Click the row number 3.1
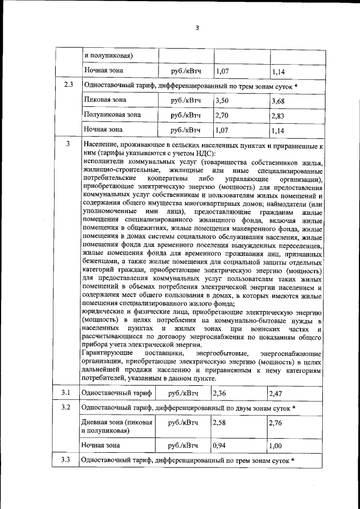pyautogui.click(x=66, y=393)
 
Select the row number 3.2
pyautogui.click(x=66, y=407)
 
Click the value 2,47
pyautogui.click(x=276, y=393)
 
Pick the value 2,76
pyautogui.click(x=276, y=422)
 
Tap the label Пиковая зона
pyautogui.click(x=105, y=101)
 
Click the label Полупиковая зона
pyautogui.click(x=112, y=115)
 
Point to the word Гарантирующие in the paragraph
pyautogui.click(x=106, y=353)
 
